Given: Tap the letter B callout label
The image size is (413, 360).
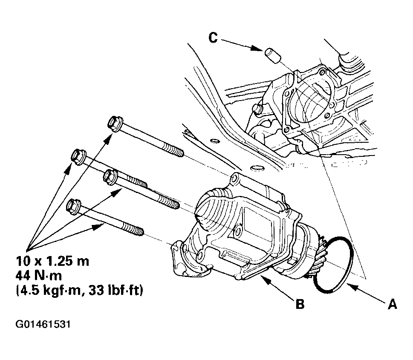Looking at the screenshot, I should pos(300,305).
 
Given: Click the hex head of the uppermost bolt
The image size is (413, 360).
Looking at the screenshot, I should pos(114,124).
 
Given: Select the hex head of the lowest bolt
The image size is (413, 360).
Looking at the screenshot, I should pos(74,207).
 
